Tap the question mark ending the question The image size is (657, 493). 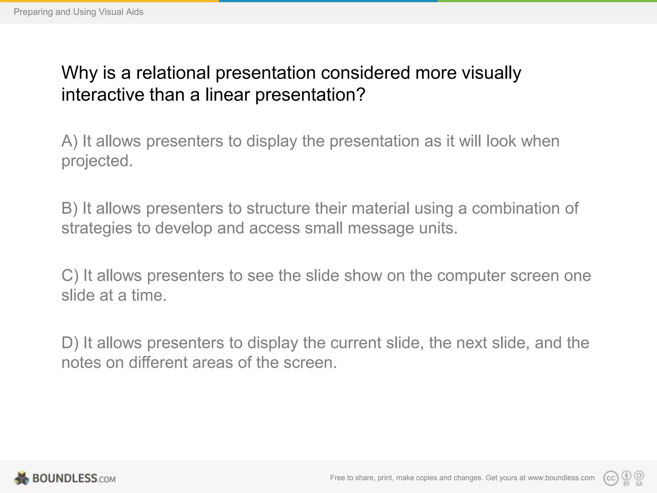pos(361,95)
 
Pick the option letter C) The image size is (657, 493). pos(70,276)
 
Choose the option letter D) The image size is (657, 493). pos(70,343)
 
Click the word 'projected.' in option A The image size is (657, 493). pos(97,161)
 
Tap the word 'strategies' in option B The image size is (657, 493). pos(97,229)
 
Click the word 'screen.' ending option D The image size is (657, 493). pos(310,363)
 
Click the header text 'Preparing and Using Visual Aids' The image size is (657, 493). pos(78,12)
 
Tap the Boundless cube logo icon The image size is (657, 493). pos(21,478)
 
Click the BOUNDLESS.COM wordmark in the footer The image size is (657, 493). pos(74,479)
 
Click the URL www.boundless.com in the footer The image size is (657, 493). pos(561,478)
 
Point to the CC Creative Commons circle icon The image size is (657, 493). pos(610,478)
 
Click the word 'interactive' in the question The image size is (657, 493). pos(103,95)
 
